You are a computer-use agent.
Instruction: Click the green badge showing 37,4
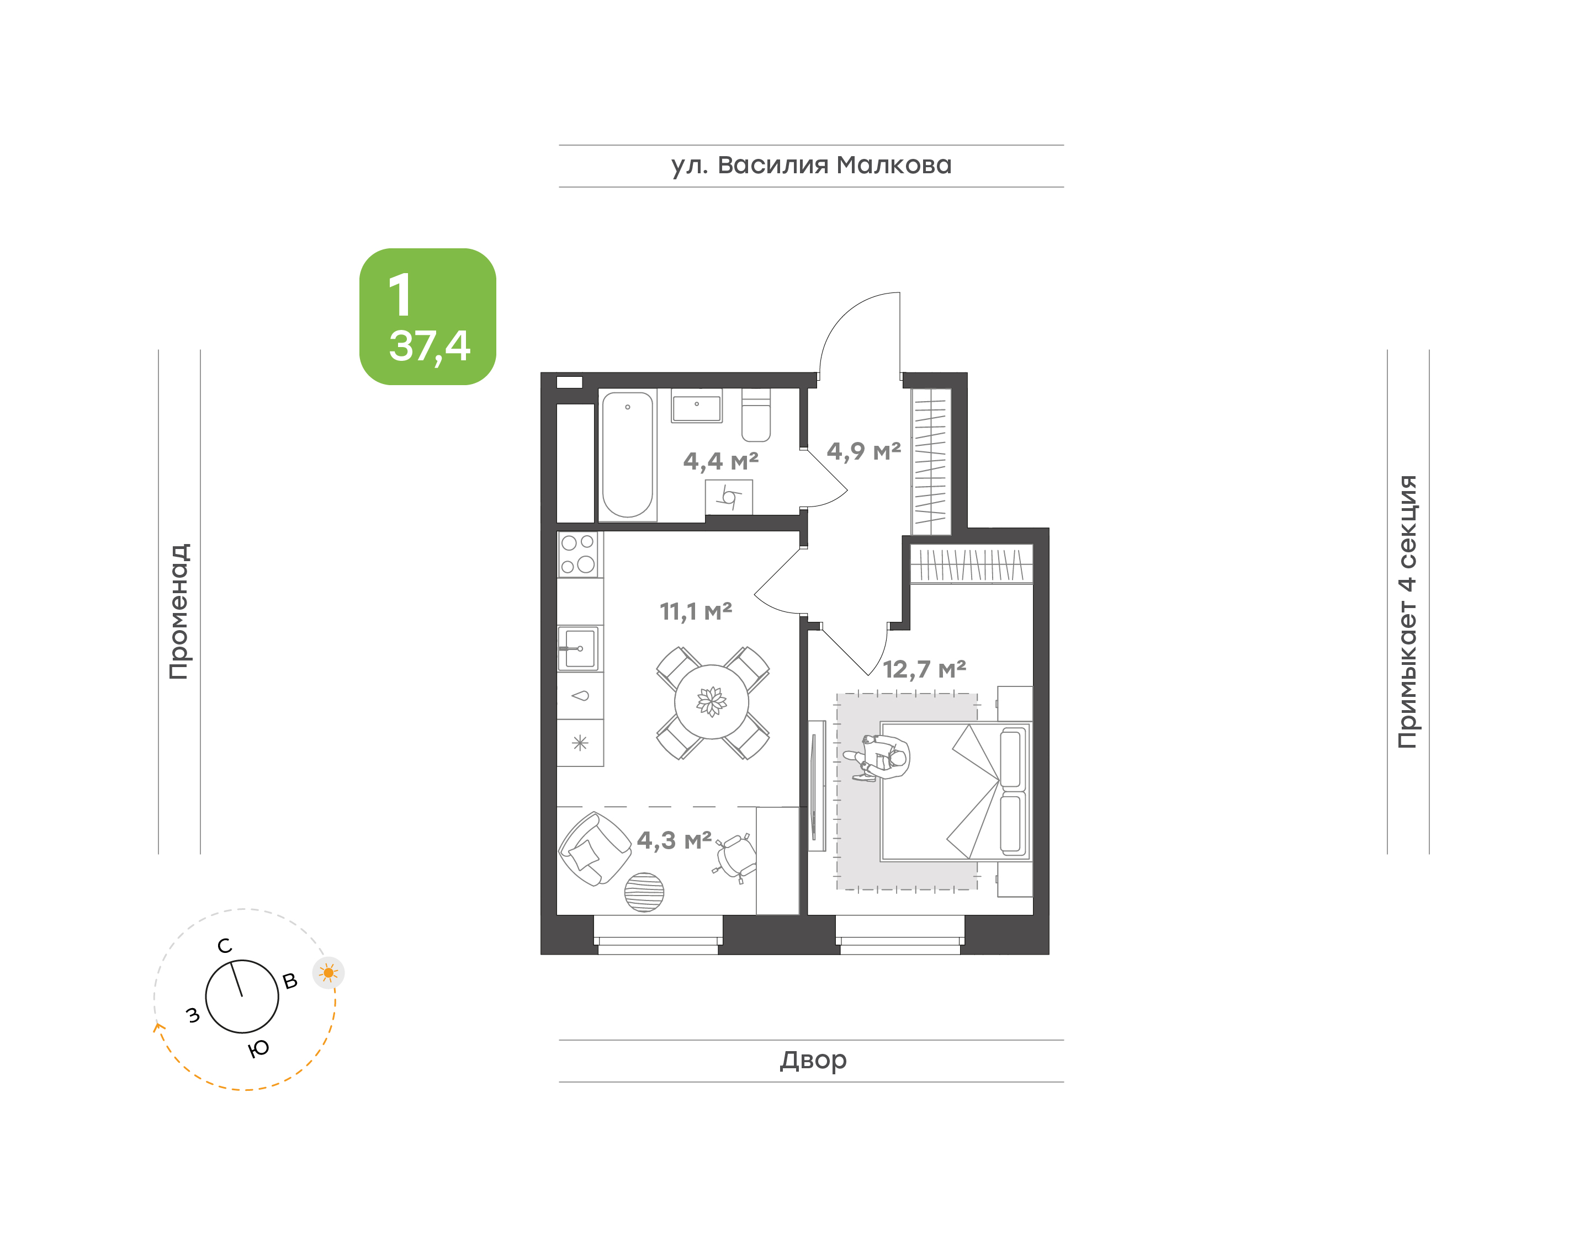point(427,316)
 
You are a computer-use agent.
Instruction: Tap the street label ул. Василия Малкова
point(812,165)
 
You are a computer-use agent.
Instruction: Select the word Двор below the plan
point(813,1059)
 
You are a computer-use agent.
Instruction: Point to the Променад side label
point(179,611)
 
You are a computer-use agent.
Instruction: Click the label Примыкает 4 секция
point(1407,611)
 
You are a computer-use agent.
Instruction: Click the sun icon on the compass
point(328,972)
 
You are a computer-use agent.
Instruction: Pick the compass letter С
point(225,946)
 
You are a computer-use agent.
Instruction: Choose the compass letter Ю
point(258,1049)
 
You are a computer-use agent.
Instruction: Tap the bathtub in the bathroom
point(627,455)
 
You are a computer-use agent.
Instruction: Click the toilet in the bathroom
point(756,415)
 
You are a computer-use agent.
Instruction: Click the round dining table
point(712,702)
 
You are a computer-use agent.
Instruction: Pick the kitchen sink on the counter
point(579,648)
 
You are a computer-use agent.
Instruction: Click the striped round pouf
point(644,892)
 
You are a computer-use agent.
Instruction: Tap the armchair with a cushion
point(595,849)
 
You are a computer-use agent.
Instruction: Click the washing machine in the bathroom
point(729,498)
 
